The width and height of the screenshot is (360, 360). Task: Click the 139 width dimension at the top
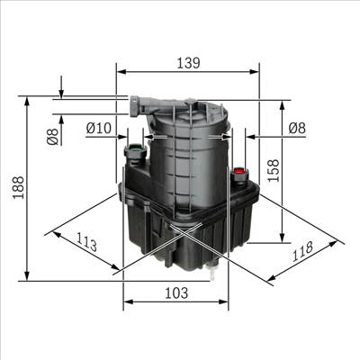pos(187,63)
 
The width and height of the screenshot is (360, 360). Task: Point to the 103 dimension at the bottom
pos(176,292)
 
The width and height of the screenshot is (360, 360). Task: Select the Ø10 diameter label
pos(98,129)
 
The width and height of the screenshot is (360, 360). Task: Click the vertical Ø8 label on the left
pos(52,136)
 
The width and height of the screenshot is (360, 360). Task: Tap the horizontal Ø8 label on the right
pos(295,129)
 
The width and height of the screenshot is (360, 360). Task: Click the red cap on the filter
pos(239,169)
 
